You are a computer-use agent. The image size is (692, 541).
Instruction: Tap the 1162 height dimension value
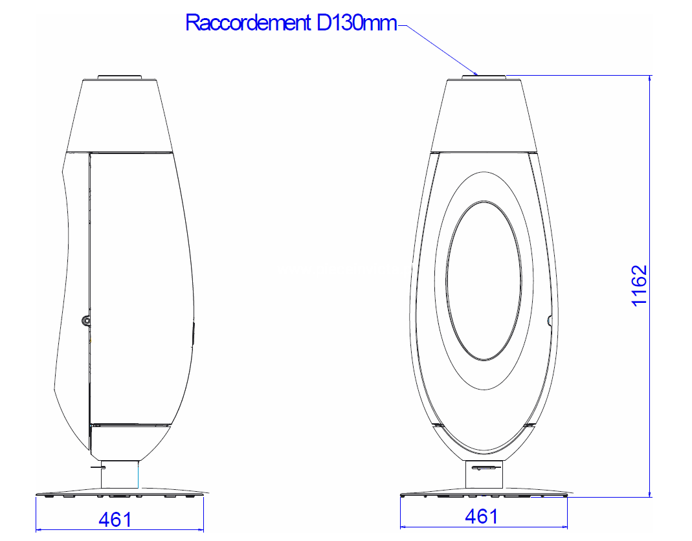point(639,285)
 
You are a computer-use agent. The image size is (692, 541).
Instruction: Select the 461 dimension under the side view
point(115,520)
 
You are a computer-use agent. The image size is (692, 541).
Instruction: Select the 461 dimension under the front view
point(482,516)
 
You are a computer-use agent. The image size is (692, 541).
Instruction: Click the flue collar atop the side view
point(120,78)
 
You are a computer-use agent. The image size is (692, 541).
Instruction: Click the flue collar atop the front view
point(484,78)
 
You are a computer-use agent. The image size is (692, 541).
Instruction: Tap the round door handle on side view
point(85,321)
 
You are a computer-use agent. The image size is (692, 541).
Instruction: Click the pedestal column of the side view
point(120,474)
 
